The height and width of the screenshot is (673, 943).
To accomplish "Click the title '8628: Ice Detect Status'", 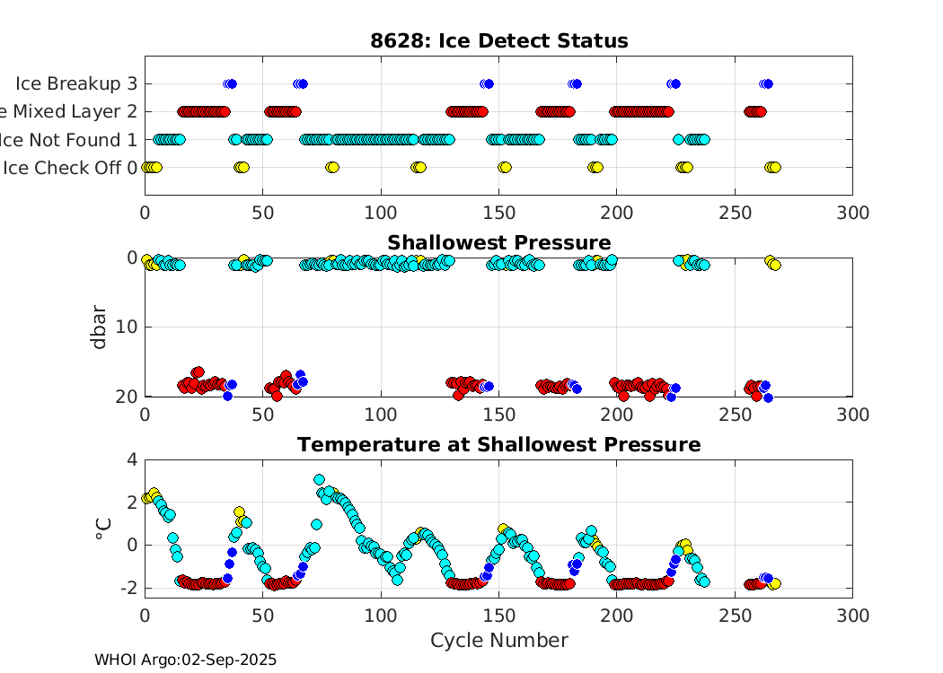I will coord(498,41).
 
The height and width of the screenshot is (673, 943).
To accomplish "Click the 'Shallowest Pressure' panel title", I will coord(498,243).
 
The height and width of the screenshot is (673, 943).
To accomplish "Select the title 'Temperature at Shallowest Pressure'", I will coord(498,445).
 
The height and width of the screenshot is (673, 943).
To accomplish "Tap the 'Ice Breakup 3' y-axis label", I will coord(76,84).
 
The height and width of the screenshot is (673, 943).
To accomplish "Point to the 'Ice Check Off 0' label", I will coord(70,168).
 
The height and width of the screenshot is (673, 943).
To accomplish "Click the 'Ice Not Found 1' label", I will coord(70,140).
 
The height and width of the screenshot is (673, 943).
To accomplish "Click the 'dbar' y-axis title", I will coord(100,327).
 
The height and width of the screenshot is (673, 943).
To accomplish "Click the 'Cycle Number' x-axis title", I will coord(498,641).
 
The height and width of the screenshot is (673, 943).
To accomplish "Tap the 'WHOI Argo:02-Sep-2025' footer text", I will coord(186,660).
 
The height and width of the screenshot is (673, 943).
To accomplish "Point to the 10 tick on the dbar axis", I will coord(127,327).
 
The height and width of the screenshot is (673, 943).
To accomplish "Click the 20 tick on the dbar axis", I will coord(127,397).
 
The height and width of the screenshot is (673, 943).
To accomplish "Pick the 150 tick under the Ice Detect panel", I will coord(498,213).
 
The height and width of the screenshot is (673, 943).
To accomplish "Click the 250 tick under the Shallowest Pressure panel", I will coord(734,415).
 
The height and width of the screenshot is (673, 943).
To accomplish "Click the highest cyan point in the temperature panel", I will coord(319,480).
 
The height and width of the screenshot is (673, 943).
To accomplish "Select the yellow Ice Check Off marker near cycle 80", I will coord(332,168).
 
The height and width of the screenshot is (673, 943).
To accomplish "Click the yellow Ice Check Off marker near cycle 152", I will coord(504,168).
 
